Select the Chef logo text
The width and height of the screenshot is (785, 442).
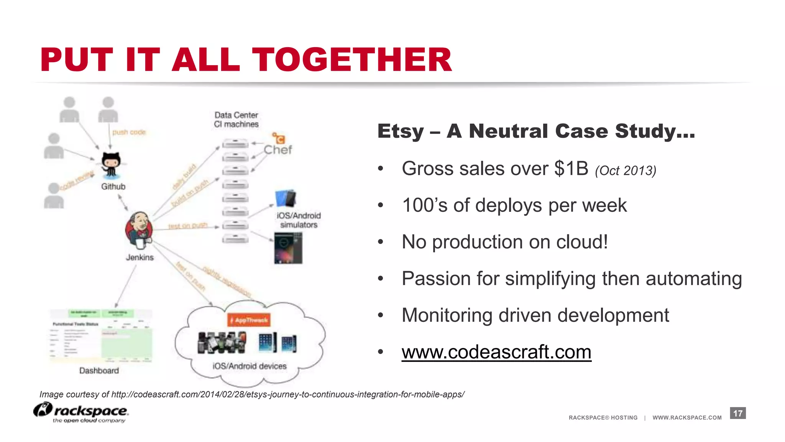click(278, 149)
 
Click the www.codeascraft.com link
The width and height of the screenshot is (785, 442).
click(496, 352)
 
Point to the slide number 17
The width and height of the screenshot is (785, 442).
click(738, 413)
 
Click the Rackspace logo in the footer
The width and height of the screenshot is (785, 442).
click(81, 412)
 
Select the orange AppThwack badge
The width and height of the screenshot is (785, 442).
click(249, 320)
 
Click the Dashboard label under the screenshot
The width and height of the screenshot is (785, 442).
click(99, 371)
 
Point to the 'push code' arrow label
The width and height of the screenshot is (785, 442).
click(129, 132)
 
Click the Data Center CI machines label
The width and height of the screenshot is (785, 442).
click(236, 120)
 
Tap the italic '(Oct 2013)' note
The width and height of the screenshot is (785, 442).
click(626, 171)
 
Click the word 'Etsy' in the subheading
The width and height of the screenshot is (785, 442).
click(401, 131)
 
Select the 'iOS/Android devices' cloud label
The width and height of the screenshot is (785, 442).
click(250, 366)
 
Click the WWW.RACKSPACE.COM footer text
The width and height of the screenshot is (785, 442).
click(687, 417)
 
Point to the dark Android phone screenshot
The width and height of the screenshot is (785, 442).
click(288, 248)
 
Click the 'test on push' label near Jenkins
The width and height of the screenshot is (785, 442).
click(188, 226)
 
